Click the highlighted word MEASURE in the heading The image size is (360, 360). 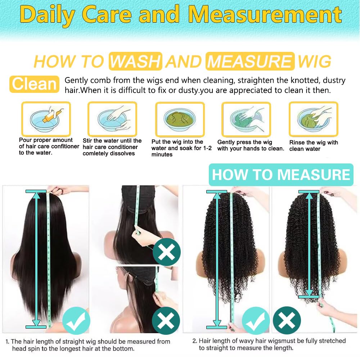tap(250, 62)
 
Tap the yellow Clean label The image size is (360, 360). tap(34, 84)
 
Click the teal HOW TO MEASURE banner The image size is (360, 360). tap(281, 175)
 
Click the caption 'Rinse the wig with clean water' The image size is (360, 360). tap(314, 145)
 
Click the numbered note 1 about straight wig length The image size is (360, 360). tap(88, 345)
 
